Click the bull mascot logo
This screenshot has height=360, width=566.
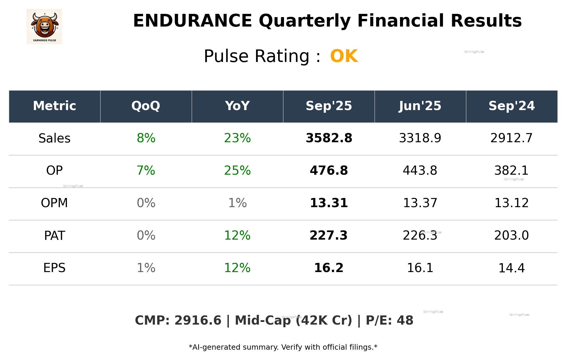coord(44,26)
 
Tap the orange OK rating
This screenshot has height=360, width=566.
coord(344,56)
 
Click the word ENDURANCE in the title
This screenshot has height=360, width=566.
coord(192,21)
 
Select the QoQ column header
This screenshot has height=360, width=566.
coord(146,106)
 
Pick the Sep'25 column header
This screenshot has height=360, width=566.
coord(329,106)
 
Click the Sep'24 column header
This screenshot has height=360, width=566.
coord(511,106)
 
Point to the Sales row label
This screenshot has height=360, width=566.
coord(55,138)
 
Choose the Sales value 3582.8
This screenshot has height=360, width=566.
coord(329,138)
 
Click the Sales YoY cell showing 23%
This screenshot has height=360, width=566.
coord(237,138)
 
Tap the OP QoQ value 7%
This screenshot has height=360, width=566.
coord(146,171)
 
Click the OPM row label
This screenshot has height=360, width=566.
coord(55,203)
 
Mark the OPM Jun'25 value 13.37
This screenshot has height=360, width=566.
coord(420,203)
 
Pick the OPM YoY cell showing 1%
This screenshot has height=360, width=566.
coord(237,203)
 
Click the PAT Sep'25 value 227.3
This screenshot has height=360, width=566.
coord(329,236)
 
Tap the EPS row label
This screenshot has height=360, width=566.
coord(55,268)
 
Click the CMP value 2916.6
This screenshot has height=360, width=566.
coord(198,321)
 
